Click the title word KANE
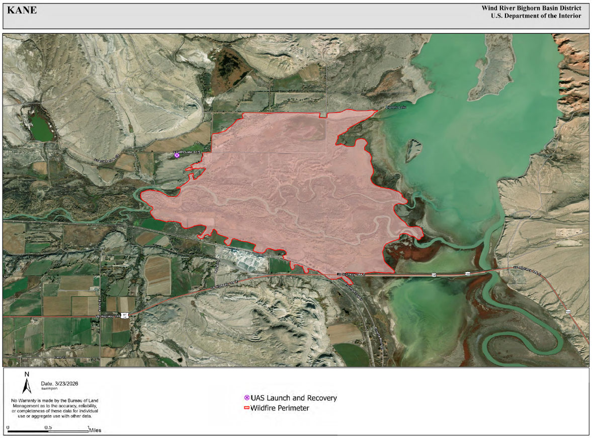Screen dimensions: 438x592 (x=22, y=10)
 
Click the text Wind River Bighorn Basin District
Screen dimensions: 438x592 (x=531, y=8)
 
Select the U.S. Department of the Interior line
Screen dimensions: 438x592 (x=536, y=16)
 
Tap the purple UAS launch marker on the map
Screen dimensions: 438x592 (x=177, y=155)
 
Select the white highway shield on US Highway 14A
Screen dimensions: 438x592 (x=124, y=315)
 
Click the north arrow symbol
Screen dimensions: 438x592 (x=27, y=382)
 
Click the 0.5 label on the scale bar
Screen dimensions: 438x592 (x=48, y=427)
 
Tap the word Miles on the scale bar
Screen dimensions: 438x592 (x=95, y=430)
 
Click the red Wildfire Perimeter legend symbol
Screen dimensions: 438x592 (x=246, y=408)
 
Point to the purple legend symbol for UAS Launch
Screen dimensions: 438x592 (x=246, y=398)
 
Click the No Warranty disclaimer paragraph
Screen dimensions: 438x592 (x=54, y=408)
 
